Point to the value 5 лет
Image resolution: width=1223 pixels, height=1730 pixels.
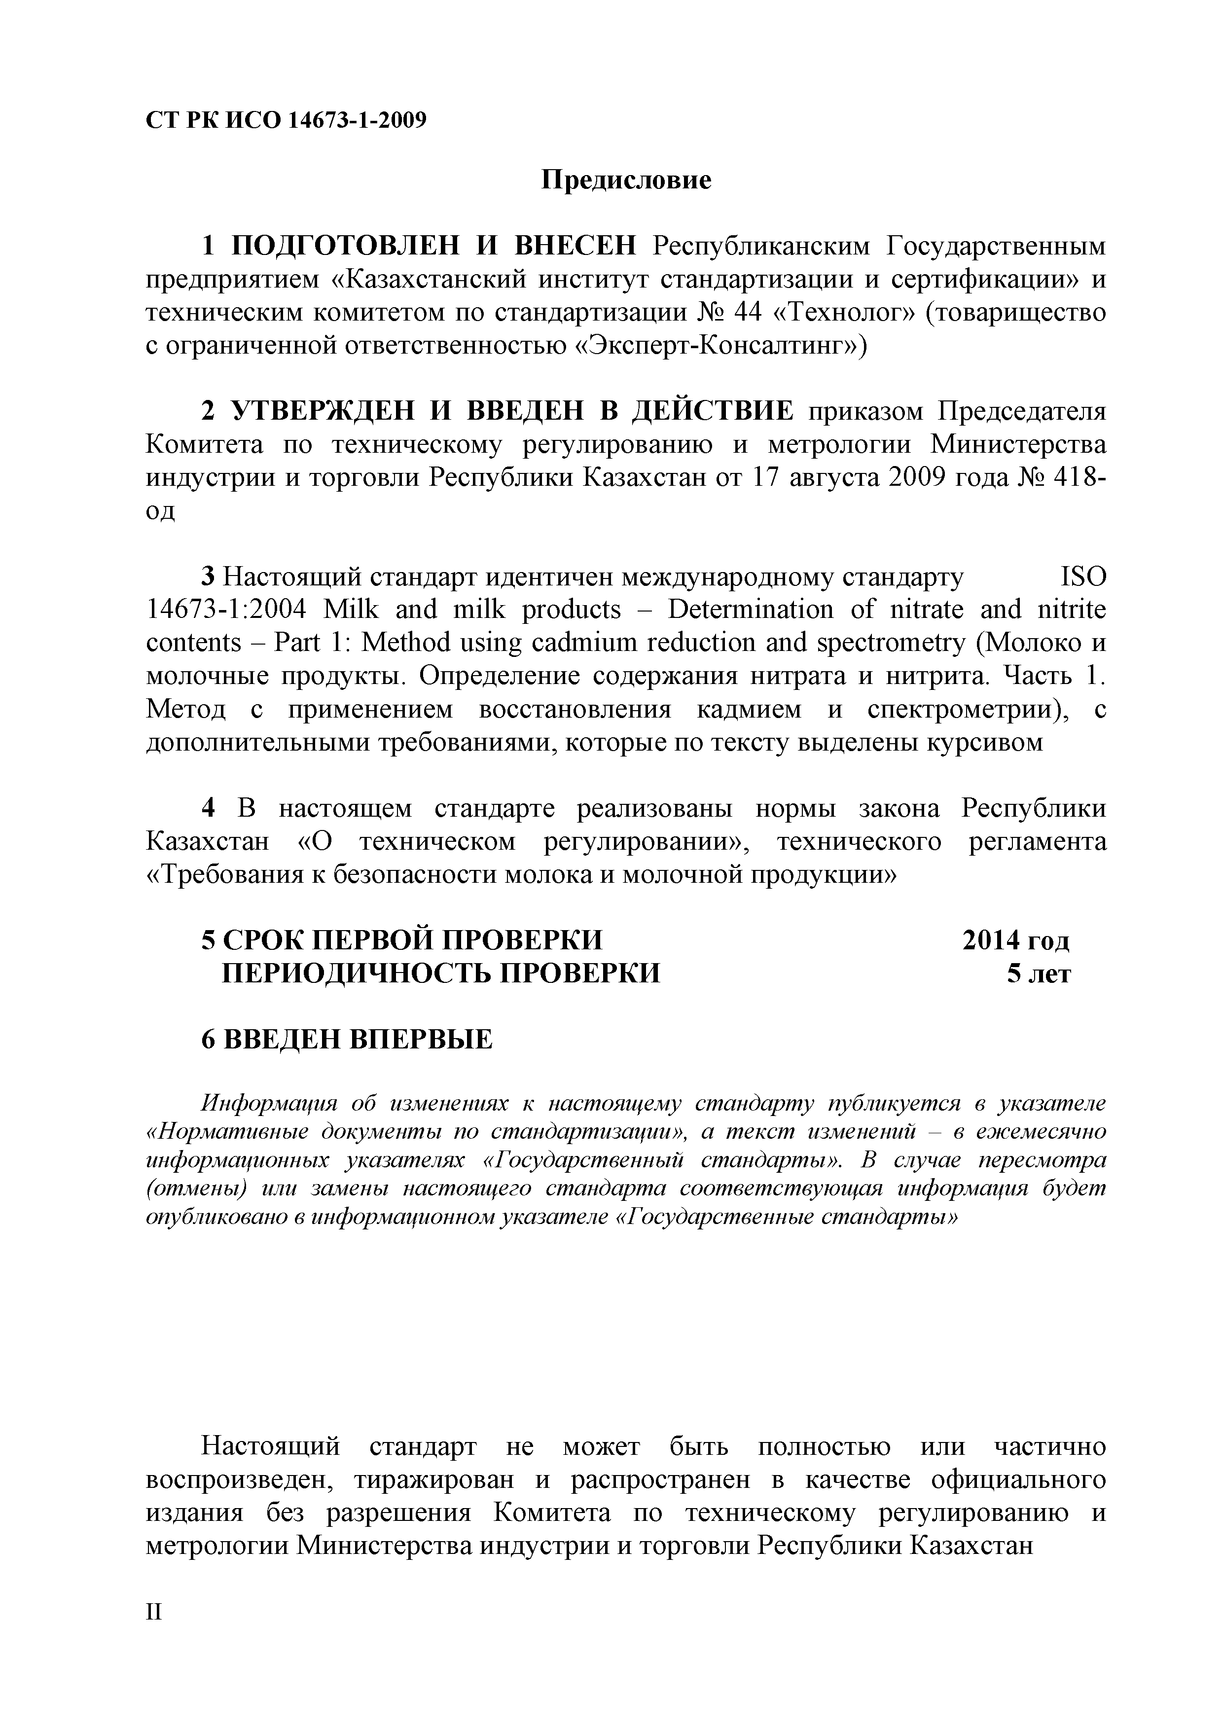1039,973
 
